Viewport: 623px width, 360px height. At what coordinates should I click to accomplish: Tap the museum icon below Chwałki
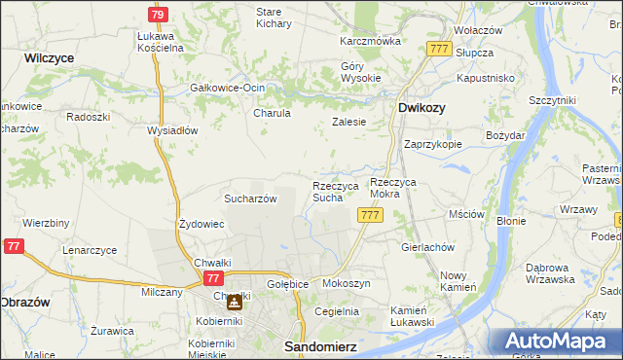pyautogui.click(x=234, y=303)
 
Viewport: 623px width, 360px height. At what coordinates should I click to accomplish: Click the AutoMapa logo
pyautogui.click(x=560, y=341)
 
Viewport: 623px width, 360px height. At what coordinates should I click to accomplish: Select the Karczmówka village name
pyautogui.click(x=370, y=42)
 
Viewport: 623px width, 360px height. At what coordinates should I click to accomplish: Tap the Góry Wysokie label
pyautogui.click(x=359, y=73)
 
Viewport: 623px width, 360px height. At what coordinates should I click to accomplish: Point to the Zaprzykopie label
pyautogui.click(x=432, y=143)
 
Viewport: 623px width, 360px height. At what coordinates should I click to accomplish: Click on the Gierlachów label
pyautogui.click(x=428, y=247)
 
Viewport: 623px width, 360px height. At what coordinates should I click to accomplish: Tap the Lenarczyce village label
pyautogui.click(x=90, y=250)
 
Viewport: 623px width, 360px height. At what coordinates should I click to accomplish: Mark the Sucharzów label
pyautogui.click(x=251, y=198)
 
